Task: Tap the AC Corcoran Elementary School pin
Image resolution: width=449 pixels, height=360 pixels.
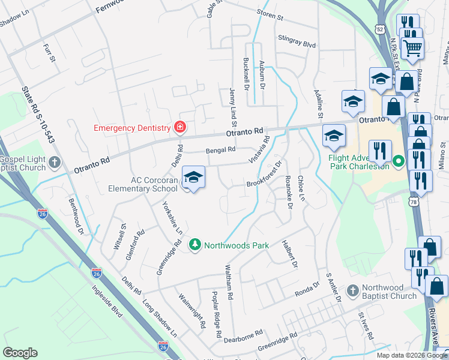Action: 193,178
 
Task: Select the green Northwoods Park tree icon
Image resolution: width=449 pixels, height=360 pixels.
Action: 194,244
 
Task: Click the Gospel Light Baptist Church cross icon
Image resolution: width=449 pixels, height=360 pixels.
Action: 55,162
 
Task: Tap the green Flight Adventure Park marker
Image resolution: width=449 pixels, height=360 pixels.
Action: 397,161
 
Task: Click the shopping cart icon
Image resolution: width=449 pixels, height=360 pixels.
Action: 412,47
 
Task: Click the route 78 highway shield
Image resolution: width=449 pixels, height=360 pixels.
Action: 414,204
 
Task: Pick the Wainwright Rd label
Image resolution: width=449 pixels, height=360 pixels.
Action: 193,311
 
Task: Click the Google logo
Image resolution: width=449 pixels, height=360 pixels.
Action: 20,353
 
